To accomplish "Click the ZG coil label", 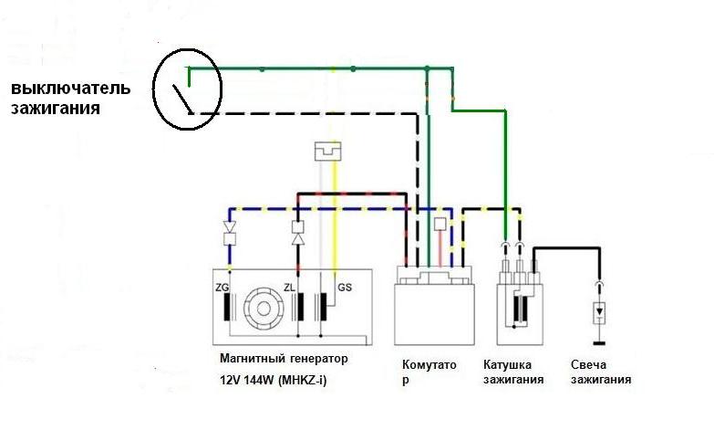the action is (x=222, y=288).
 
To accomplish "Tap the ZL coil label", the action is (x=289, y=288).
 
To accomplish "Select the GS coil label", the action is (x=345, y=288).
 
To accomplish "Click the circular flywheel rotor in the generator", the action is (x=263, y=309).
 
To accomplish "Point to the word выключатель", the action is (x=70, y=88).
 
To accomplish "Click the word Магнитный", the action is (x=252, y=359).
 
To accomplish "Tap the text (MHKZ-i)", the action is (x=301, y=380).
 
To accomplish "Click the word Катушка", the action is (x=507, y=365).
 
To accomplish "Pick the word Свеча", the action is (x=588, y=365).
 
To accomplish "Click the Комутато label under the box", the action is (x=429, y=365).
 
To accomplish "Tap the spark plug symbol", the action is (x=600, y=313).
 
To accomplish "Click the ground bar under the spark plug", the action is (x=600, y=343).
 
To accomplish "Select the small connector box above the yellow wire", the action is (x=328, y=151).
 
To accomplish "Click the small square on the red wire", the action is (x=440, y=224).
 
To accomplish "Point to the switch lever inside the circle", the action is (x=182, y=99).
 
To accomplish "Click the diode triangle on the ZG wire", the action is (x=230, y=226).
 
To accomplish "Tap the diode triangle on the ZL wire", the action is (x=298, y=239).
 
